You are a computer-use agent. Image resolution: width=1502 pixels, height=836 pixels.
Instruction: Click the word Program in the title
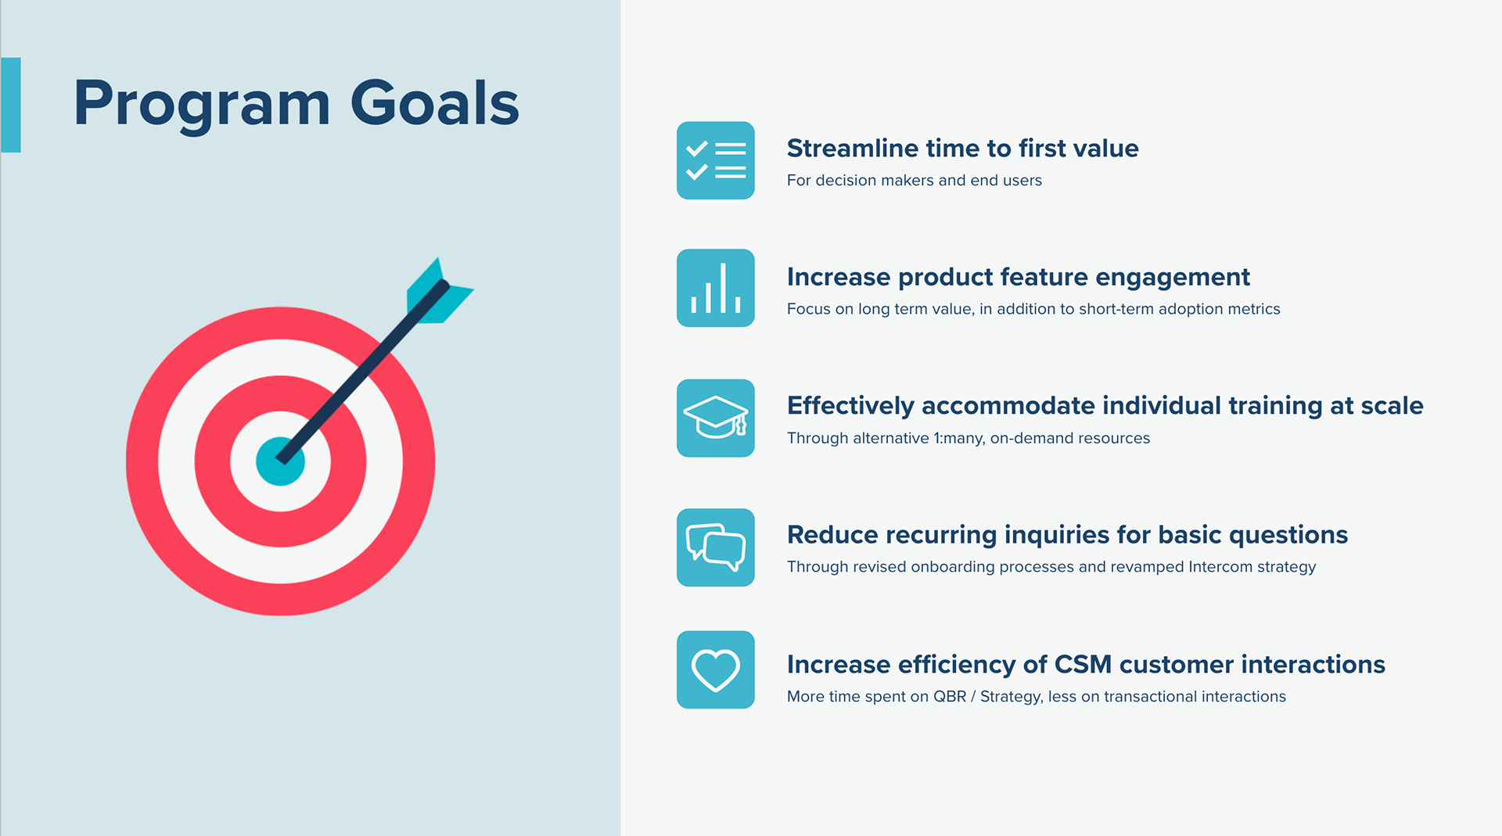point(202,104)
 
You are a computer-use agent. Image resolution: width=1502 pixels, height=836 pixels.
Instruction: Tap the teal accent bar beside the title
point(11,105)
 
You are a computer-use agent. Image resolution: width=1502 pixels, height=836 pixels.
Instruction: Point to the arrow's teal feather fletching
point(438,292)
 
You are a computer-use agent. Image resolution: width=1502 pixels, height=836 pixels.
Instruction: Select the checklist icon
point(715,160)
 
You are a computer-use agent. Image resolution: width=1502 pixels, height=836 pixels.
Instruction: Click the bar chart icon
point(715,288)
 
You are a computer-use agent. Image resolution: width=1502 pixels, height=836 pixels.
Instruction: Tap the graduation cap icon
point(715,418)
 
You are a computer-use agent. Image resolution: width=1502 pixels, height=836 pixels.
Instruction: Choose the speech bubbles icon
point(715,547)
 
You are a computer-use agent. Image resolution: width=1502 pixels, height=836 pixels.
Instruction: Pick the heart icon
point(715,670)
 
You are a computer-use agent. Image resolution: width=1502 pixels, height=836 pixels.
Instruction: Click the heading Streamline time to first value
point(962,148)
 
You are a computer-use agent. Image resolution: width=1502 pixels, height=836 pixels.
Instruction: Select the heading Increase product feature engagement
point(1018,277)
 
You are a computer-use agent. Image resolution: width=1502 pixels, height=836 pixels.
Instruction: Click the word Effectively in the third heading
point(850,406)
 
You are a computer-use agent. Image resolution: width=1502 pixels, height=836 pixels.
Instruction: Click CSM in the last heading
point(1083,664)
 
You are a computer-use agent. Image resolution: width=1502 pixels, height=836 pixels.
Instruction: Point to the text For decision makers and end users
point(914,181)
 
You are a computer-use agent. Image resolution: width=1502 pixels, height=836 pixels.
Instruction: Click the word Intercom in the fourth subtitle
point(1220,567)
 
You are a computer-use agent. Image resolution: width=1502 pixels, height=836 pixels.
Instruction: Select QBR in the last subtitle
point(949,697)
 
